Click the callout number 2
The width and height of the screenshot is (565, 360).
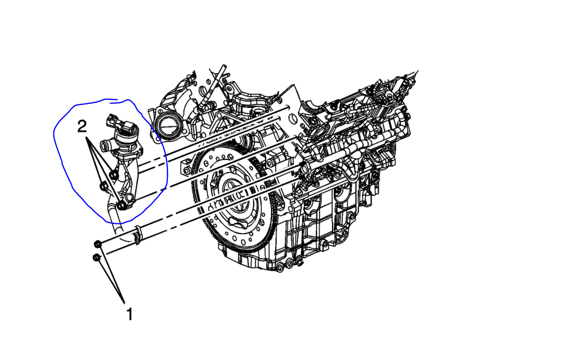[x=82, y=127]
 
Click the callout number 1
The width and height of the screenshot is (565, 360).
[x=129, y=314]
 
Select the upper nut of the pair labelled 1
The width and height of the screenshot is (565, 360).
[x=98, y=245]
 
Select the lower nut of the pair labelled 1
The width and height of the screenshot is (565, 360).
[x=96, y=258]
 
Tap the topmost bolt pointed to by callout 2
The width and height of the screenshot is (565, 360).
[x=114, y=174]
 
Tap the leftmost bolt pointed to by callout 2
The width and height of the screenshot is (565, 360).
[x=104, y=187]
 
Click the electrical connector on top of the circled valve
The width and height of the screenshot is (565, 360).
[x=114, y=123]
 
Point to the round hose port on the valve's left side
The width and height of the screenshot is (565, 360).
[x=104, y=146]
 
